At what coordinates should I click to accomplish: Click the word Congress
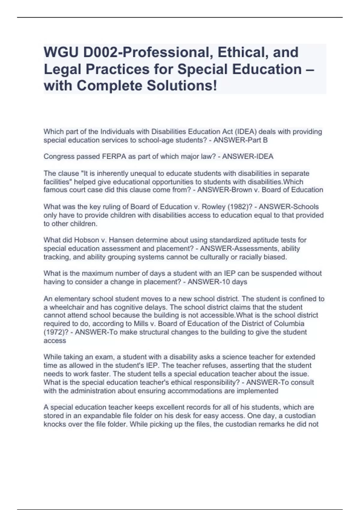[x=58, y=157]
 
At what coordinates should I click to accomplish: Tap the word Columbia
[x=289, y=324]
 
